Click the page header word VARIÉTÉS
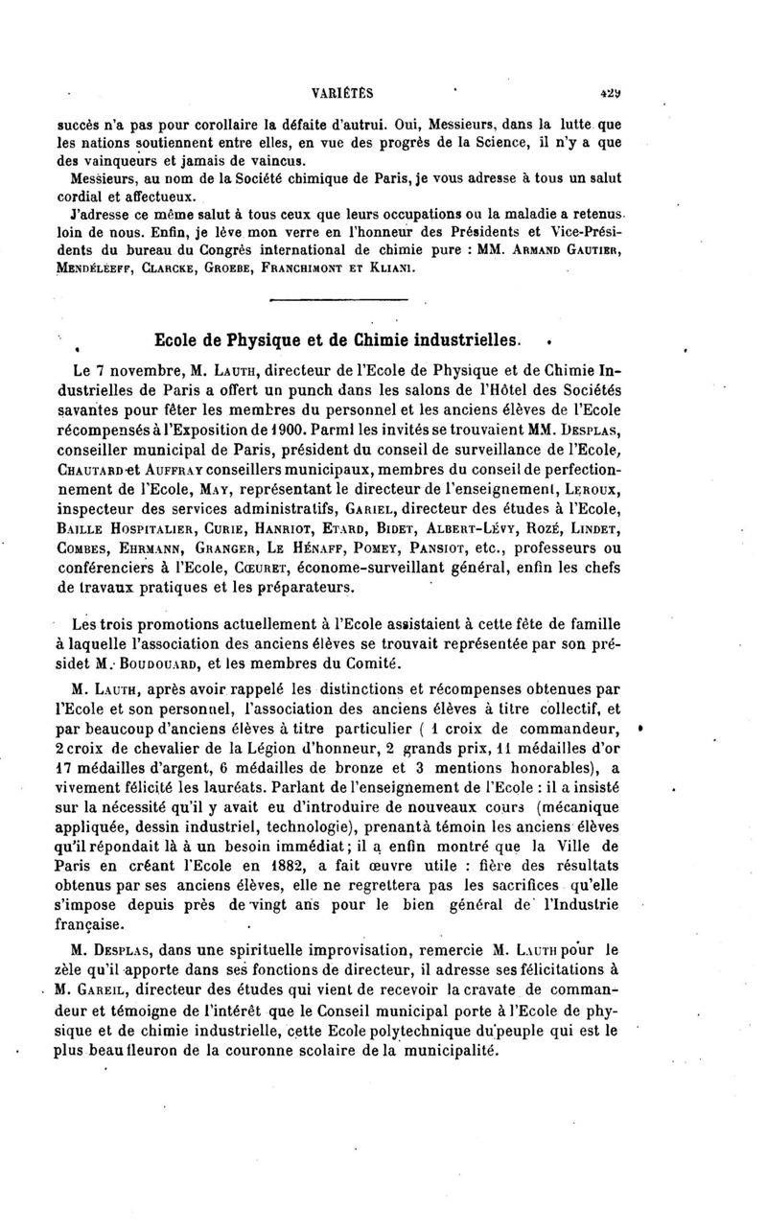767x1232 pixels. pos(342,94)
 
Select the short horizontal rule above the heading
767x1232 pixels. pos(326,301)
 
